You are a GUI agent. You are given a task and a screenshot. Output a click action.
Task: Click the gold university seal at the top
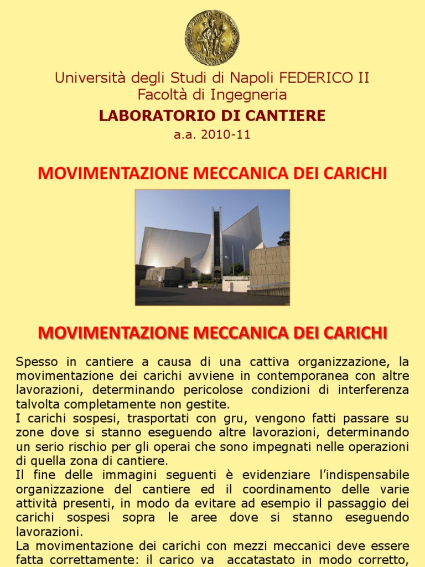[212, 38]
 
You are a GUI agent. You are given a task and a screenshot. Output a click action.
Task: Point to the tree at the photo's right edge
[284, 239]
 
